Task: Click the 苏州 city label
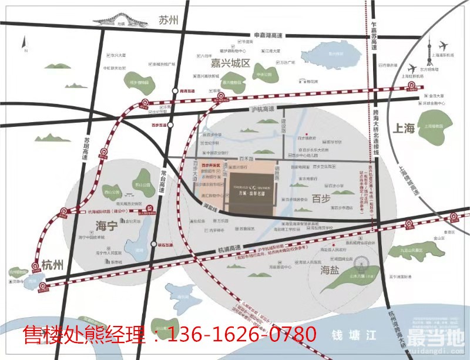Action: (167, 20)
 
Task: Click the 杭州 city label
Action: (52, 265)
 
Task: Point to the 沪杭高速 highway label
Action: (263, 110)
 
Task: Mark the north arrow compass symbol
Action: (24, 42)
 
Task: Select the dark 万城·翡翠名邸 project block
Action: (253, 193)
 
